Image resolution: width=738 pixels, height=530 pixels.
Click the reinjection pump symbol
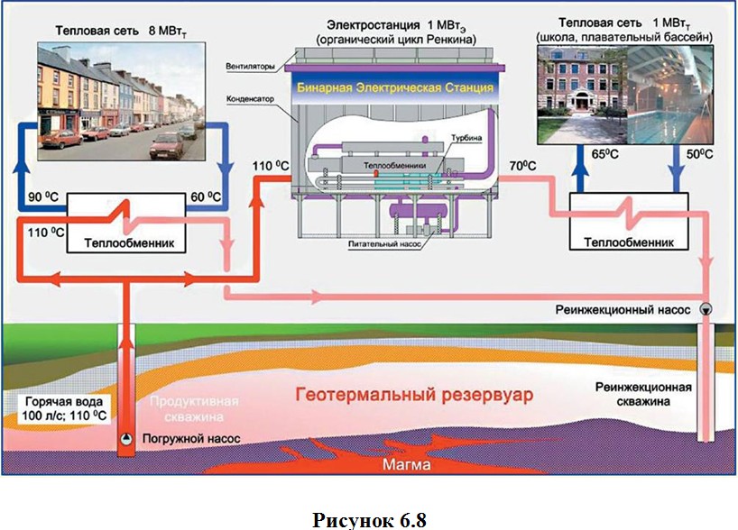706,309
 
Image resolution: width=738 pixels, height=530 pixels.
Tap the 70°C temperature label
523,167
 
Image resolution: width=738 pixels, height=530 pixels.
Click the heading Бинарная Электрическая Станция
395,89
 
